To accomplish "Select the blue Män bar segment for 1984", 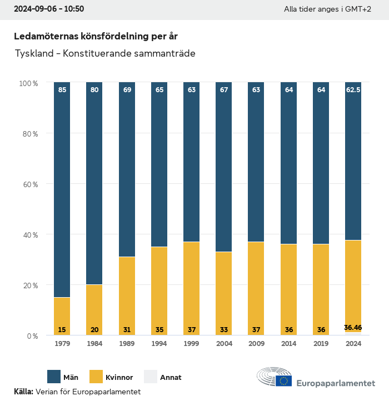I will click(x=94, y=183).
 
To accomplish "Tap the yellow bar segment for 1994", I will click(x=159, y=289).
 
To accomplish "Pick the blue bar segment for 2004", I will click(x=224, y=167).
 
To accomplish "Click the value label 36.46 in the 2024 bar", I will click(x=353, y=328).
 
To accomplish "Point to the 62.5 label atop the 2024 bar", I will click(x=353, y=89).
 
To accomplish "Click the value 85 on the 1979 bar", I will click(x=62, y=89).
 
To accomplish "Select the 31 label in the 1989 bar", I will click(x=127, y=330).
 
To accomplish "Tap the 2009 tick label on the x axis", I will click(x=256, y=344).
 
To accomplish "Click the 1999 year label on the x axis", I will click(x=192, y=344).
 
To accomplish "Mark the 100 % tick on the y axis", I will click(x=28, y=83).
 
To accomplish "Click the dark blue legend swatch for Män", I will click(x=54, y=377).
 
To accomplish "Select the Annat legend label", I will click(x=171, y=378).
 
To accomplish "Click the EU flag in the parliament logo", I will click(x=284, y=380).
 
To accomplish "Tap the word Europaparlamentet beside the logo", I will click(x=336, y=383).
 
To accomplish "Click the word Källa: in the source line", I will click(x=23, y=392).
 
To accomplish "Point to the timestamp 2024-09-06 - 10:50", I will click(x=49, y=9).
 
